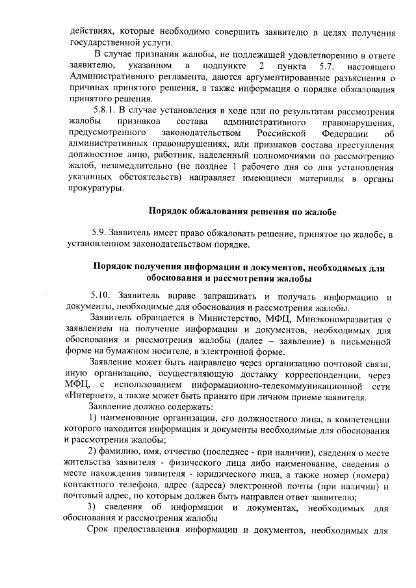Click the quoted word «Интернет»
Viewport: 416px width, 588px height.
(x=90, y=398)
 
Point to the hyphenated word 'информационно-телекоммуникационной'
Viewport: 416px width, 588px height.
(x=243, y=386)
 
